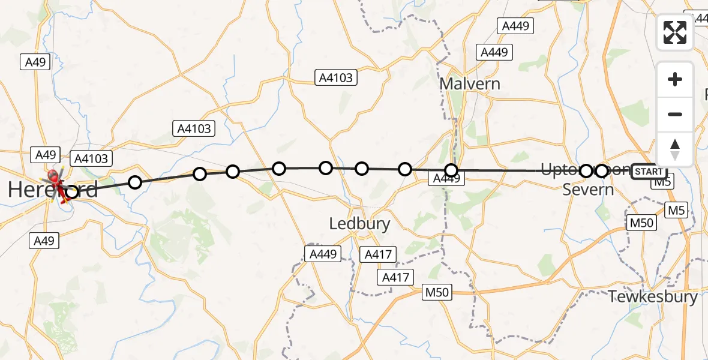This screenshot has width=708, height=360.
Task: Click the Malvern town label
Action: point(470,83)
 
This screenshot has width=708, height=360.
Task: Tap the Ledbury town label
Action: point(359,224)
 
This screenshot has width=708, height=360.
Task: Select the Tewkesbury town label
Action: point(653,296)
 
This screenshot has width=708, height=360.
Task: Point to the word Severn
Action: point(588,190)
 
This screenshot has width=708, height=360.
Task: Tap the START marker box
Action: point(649,172)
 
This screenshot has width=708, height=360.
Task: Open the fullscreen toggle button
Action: point(675,32)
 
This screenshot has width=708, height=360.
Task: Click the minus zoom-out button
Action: point(675,114)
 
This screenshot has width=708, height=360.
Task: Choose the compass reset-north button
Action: point(675,149)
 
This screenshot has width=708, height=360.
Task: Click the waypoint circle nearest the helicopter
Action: point(71,192)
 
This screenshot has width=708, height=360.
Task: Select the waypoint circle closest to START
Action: point(601,171)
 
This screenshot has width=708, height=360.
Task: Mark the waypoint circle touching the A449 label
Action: point(451,170)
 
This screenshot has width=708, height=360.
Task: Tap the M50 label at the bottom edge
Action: point(437,292)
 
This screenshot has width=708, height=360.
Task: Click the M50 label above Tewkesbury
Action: point(641,223)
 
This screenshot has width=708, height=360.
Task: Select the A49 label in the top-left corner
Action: point(34,61)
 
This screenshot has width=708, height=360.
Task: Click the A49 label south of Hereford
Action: point(44,241)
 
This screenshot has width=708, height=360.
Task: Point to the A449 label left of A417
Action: point(323,254)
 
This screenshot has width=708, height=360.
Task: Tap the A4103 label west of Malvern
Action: point(335,77)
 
